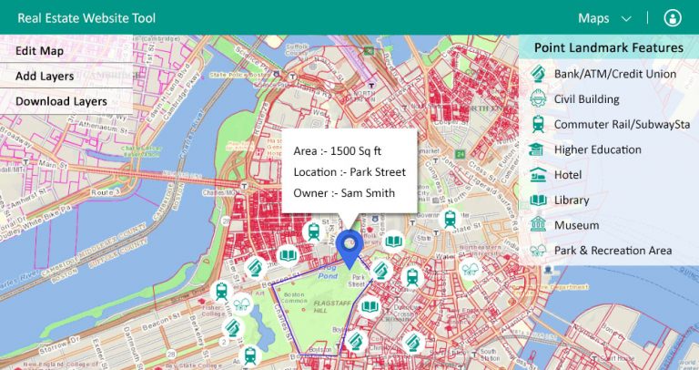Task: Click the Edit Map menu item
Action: [x=40, y=51]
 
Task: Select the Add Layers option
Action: [x=45, y=77]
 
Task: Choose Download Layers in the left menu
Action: [x=61, y=101]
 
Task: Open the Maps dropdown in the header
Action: [x=604, y=18]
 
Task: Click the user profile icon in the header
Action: [x=673, y=18]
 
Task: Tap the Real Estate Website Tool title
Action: [x=87, y=18]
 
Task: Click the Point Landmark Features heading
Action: [x=608, y=47]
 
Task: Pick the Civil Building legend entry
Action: [x=586, y=98]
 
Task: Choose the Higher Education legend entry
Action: [x=597, y=149]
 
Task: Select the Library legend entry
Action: [x=572, y=200]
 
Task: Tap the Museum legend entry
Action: [x=576, y=224]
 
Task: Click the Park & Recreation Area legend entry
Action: [x=613, y=250]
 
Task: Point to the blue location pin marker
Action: [x=349, y=244]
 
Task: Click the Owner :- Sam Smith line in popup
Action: [x=344, y=192]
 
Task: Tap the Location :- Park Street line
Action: [x=349, y=171]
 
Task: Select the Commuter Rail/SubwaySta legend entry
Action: [x=622, y=124]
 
